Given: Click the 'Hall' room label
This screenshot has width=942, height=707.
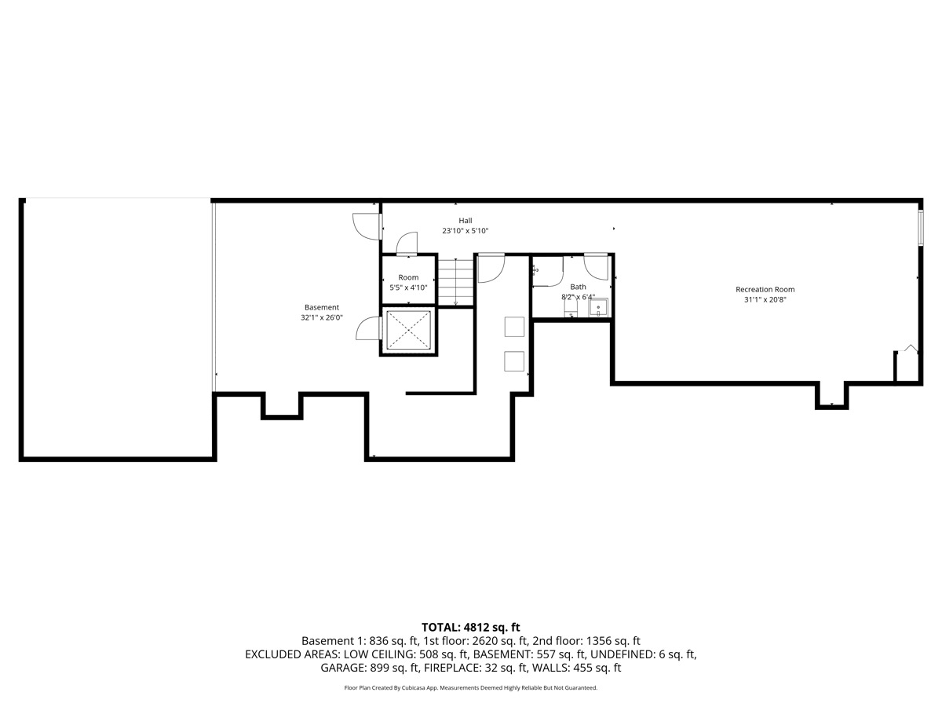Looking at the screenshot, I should click(x=466, y=221).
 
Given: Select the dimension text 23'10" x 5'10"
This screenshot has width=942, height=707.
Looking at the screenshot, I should click(x=466, y=231).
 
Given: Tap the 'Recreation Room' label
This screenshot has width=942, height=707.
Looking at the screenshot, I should click(x=765, y=289).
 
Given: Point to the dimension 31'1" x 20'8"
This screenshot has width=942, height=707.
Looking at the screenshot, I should click(x=765, y=300).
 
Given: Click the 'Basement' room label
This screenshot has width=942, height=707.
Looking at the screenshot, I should click(x=322, y=307).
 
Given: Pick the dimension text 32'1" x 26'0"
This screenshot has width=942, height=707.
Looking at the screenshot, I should click(x=322, y=318).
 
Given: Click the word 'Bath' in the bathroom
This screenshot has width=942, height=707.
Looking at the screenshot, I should click(x=578, y=287).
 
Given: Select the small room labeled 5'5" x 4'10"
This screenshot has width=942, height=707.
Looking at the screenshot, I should click(x=408, y=282).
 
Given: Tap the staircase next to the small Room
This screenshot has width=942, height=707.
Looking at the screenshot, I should click(x=456, y=281).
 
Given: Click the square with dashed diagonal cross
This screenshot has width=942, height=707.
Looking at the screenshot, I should click(x=408, y=332).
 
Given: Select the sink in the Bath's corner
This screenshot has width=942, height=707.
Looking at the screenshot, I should click(x=599, y=307).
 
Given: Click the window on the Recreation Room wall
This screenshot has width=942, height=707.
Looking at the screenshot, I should click(x=921, y=227).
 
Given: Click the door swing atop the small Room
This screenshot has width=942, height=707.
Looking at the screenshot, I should click(x=407, y=244).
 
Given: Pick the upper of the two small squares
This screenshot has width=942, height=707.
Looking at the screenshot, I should click(x=514, y=327).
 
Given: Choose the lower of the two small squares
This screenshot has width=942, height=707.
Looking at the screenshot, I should click(x=514, y=361).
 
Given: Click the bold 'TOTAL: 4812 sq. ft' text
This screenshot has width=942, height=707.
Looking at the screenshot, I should click(x=471, y=627).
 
